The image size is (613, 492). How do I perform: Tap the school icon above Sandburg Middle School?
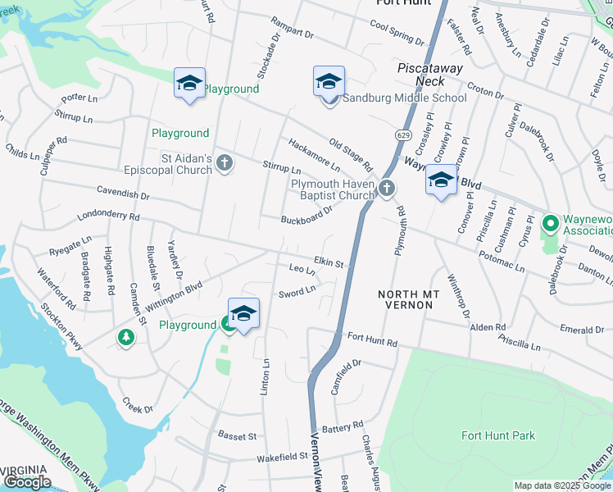(x=329, y=82)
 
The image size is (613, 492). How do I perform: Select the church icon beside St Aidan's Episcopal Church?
(x=225, y=164)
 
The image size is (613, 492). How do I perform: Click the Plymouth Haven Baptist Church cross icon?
(x=387, y=189)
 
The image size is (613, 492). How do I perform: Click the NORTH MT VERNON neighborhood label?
(x=405, y=299)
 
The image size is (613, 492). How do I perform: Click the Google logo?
(x=27, y=482)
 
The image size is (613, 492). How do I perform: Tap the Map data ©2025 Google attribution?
(x=561, y=485)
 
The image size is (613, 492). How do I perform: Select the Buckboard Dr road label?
(x=306, y=216)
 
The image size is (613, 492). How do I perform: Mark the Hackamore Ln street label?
(x=313, y=155)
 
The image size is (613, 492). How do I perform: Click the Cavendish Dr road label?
(x=124, y=196)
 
